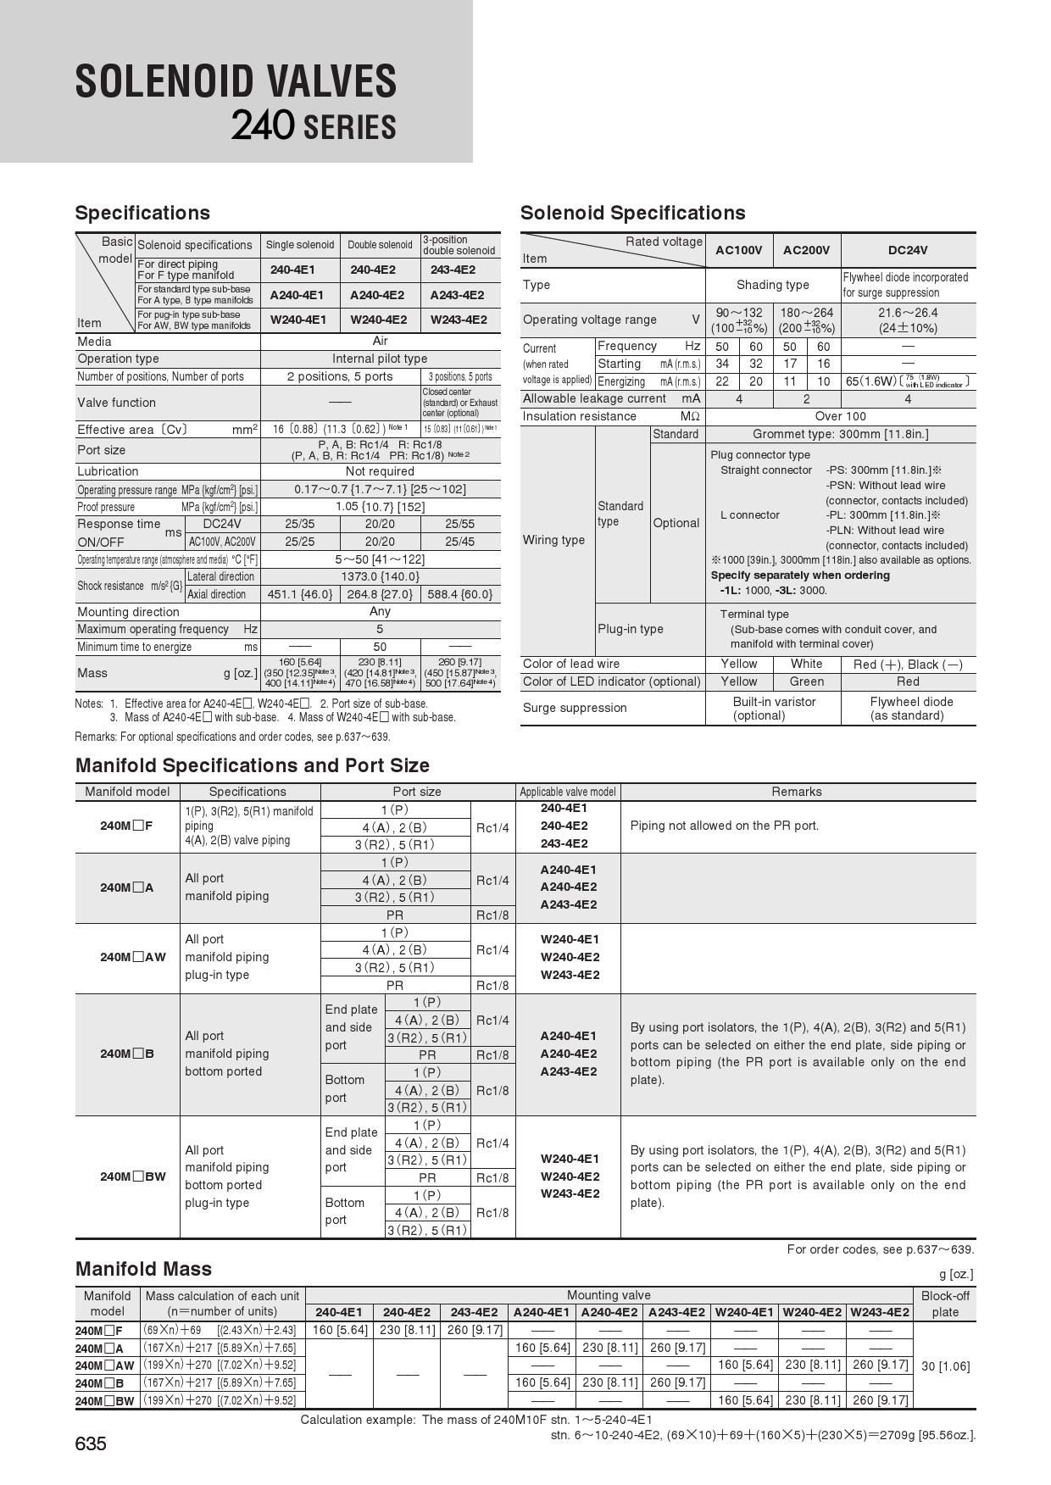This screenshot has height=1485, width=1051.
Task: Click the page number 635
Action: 91,1443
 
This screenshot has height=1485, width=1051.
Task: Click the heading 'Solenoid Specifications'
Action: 632,213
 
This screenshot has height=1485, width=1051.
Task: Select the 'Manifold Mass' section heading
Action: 143,1269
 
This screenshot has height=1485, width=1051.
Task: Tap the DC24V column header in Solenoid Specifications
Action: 907,250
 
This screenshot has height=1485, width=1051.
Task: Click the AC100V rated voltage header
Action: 738,250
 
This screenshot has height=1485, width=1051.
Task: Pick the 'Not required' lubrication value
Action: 380,471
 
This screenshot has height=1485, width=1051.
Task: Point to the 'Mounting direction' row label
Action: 129,612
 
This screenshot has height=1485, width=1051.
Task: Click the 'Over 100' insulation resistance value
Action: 840,416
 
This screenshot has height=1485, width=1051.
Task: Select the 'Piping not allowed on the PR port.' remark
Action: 724,826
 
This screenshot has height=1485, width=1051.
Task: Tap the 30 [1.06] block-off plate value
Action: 945,1365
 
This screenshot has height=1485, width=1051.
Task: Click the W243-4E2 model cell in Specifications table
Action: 459,320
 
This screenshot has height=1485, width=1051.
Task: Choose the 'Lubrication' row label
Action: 108,471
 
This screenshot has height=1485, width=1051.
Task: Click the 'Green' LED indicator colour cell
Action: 806,681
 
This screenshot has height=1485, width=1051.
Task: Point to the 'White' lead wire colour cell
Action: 806,664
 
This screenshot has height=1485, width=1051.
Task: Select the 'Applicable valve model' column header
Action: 567,792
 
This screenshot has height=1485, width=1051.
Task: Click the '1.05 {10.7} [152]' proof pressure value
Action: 380,507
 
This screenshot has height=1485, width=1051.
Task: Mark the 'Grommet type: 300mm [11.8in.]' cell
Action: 840,434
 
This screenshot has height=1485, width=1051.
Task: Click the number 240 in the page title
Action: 263,126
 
